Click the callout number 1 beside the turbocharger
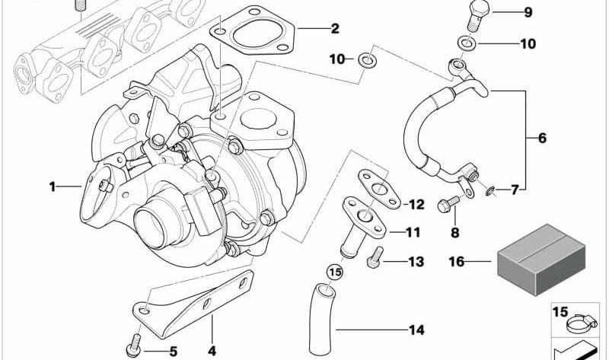53,186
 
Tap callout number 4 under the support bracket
212,351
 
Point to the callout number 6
542,138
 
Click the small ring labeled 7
490,191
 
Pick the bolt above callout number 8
448,204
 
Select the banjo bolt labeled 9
478,14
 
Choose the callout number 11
413,232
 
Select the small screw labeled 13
375,257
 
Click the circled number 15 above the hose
335,272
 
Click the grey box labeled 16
541,260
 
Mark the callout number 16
457,261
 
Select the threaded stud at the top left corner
80,6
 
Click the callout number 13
416,262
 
